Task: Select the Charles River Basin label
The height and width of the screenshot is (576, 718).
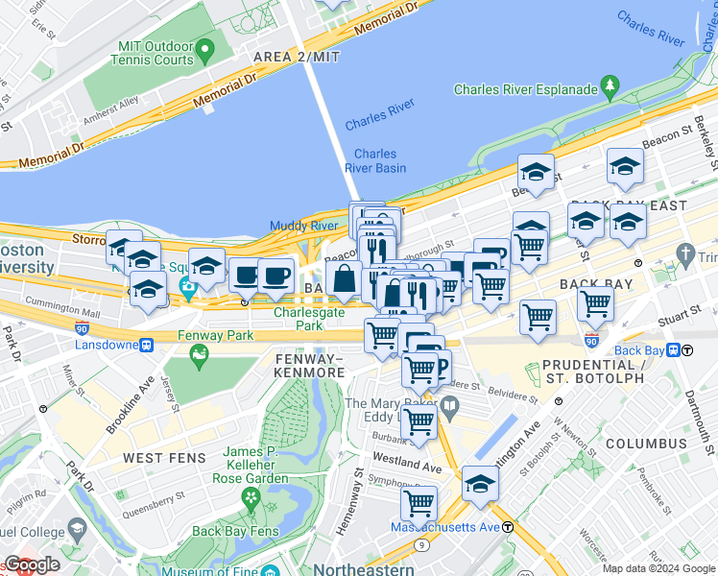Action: pos(374,160)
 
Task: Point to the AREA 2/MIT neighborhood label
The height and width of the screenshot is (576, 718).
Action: pos(297,58)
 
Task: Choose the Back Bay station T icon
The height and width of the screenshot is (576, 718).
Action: pos(675,350)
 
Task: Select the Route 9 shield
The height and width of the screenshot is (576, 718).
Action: pos(421,545)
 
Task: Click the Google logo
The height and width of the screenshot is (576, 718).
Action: pos(31,564)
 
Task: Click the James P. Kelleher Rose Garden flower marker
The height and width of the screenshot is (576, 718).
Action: pos(251,497)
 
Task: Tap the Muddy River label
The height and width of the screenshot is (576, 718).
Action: pos(303,226)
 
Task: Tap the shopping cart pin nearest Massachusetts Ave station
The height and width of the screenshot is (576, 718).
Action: pos(419,501)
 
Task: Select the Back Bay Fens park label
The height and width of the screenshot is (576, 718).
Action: pos(235,531)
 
